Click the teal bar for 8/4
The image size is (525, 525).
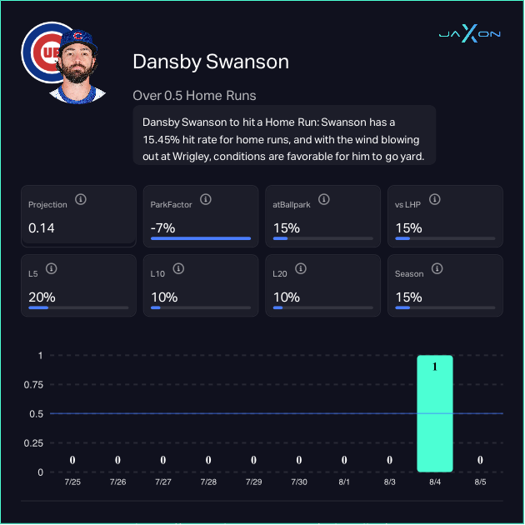435,414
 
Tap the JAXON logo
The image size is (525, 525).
470,33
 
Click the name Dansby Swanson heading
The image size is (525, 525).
211,62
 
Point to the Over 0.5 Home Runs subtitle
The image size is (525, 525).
194,95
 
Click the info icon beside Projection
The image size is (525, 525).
81,200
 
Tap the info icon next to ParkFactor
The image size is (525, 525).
205,200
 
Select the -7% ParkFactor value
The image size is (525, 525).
162,227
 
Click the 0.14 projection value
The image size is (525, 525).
42,227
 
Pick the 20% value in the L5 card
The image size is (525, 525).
42,297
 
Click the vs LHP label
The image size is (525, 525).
408,204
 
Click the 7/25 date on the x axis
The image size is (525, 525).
72,482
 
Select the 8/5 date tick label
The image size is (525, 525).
480,482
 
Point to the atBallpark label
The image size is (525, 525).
291,204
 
